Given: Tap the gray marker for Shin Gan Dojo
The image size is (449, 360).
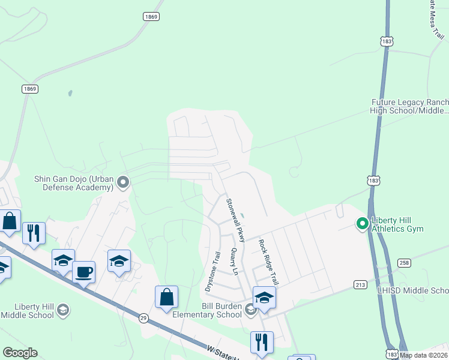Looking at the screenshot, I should pyautogui.click(x=124, y=181).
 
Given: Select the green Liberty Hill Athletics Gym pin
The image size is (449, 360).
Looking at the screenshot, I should pyautogui.click(x=362, y=224).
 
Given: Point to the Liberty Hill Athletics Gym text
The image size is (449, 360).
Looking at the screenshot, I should pyautogui.click(x=397, y=224).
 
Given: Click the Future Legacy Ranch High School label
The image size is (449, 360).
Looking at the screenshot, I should pyautogui.click(x=410, y=106).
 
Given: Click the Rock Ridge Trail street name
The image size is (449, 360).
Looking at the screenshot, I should pyautogui.click(x=268, y=262).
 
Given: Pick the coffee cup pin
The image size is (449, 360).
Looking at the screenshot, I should pyautogui.click(x=84, y=272).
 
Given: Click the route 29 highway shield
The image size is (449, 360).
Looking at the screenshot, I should pyautogui.click(x=143, y=318).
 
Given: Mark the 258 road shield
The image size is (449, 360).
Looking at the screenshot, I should pyautogui.click(x=404, y=263).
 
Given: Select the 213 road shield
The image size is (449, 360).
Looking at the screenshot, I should pyautogui.click(x=360, y=284).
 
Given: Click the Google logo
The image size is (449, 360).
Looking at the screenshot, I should pyautogui.click(x=20, y=353).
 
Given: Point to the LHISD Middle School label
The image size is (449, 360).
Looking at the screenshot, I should pyautogui.click(x=413, y=290).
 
